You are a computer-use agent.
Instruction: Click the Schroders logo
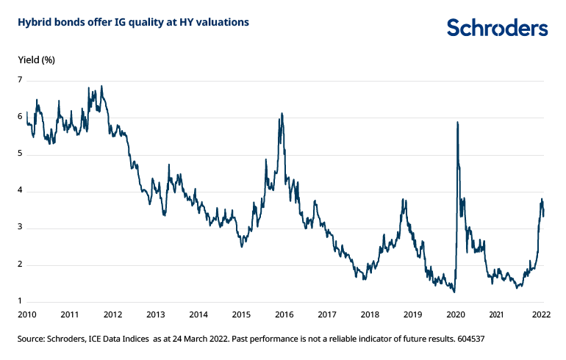[497, 28]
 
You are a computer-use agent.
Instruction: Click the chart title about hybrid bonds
[133, 23]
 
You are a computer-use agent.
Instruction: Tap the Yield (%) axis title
[36, 59]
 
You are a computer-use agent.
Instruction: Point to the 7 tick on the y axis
[21, 80]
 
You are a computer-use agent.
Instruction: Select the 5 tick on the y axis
[21, 154]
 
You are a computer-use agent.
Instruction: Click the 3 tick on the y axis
[21, 228]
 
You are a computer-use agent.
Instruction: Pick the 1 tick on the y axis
[21, 301]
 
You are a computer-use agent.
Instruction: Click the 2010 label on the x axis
[26, 314]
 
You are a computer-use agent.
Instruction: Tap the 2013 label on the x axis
[155, 314]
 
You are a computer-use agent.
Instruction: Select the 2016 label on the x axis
[284, 314]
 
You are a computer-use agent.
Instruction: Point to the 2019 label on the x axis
[412, 314]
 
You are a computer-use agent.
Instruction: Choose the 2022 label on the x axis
[541, 314]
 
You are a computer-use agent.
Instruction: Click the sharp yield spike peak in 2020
[458, 122]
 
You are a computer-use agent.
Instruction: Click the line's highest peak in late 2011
[101, 86]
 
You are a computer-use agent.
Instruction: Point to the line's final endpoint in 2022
[544, 215]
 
